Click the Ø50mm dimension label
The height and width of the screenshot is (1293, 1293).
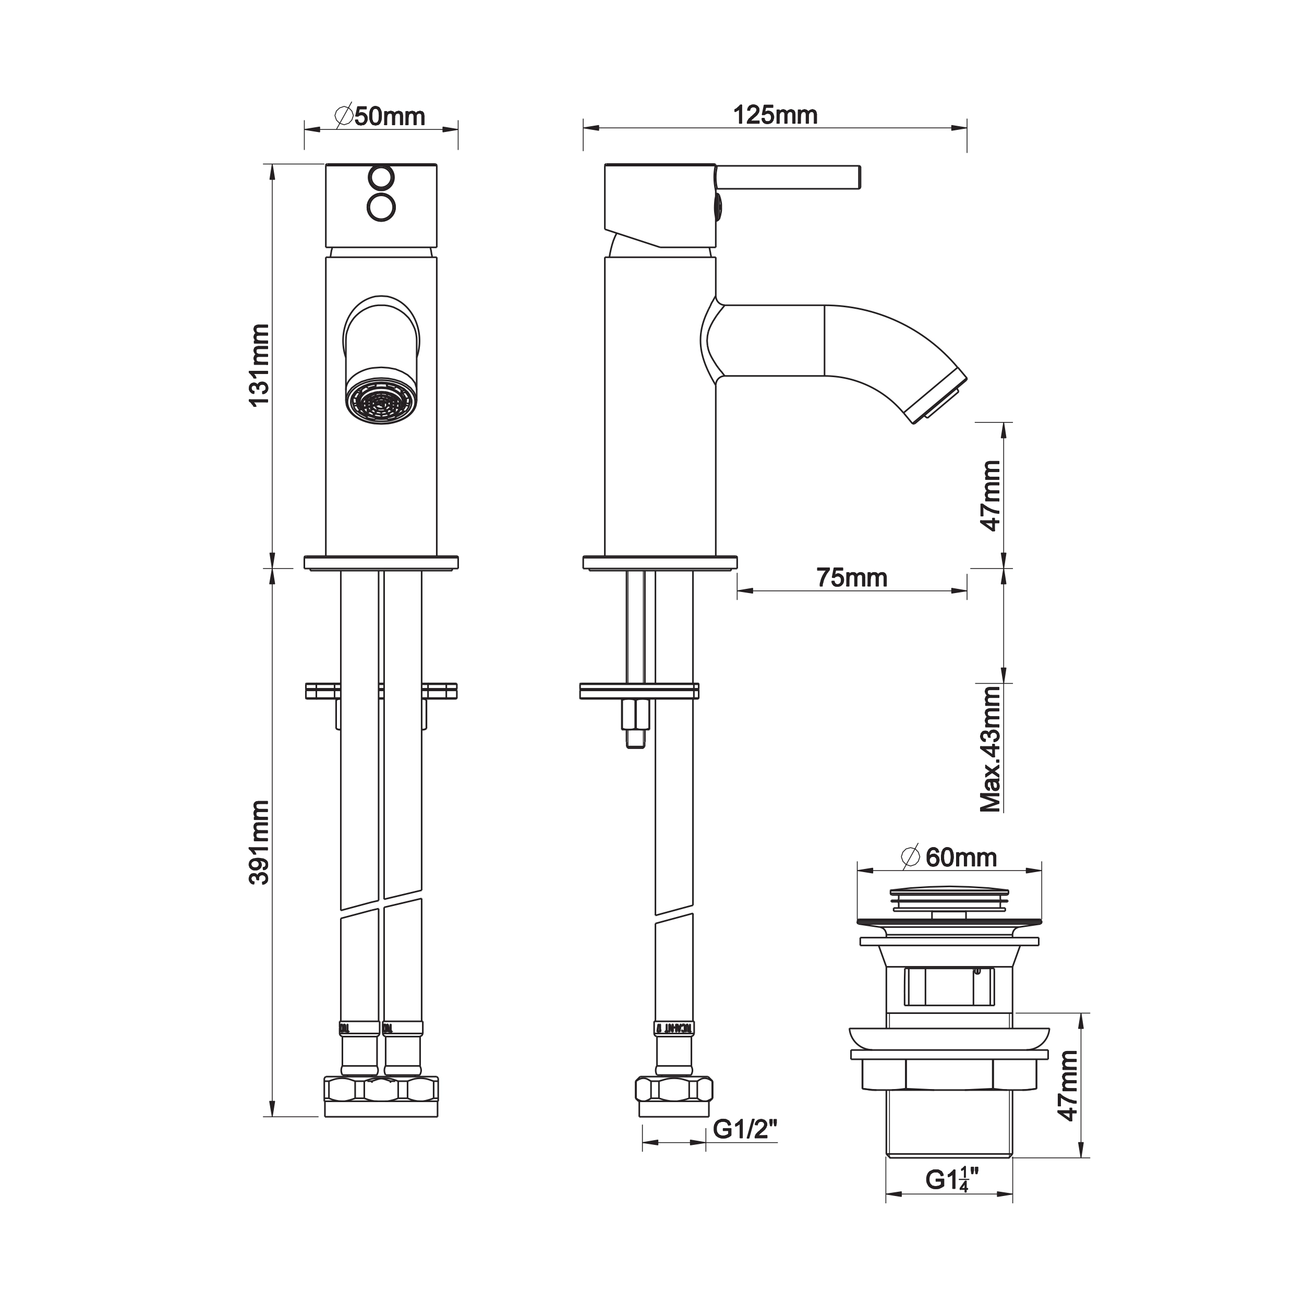click(380, 116)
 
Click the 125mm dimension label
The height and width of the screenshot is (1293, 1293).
click(775, 115)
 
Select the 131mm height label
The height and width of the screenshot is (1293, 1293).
click(259, 365)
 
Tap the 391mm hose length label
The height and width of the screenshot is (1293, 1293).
click(259, 842)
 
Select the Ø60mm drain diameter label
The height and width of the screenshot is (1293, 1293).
click(950, 857)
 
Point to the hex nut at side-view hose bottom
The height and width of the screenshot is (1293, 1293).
click(674, 1090)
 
